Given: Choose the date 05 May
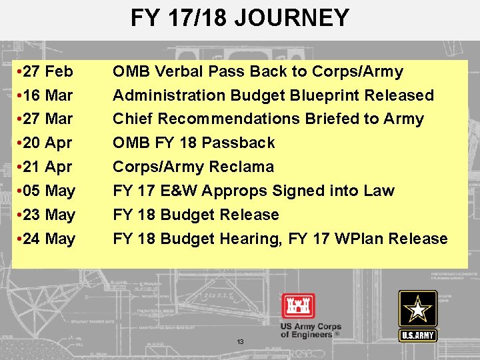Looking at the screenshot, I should [x=49, y=191].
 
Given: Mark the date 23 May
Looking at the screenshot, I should [x=49, y=215].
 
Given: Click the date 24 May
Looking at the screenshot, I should [x=49, y=239].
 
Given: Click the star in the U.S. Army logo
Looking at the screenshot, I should [x=418, y=309].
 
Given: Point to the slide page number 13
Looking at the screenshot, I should [x=240, y=341].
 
